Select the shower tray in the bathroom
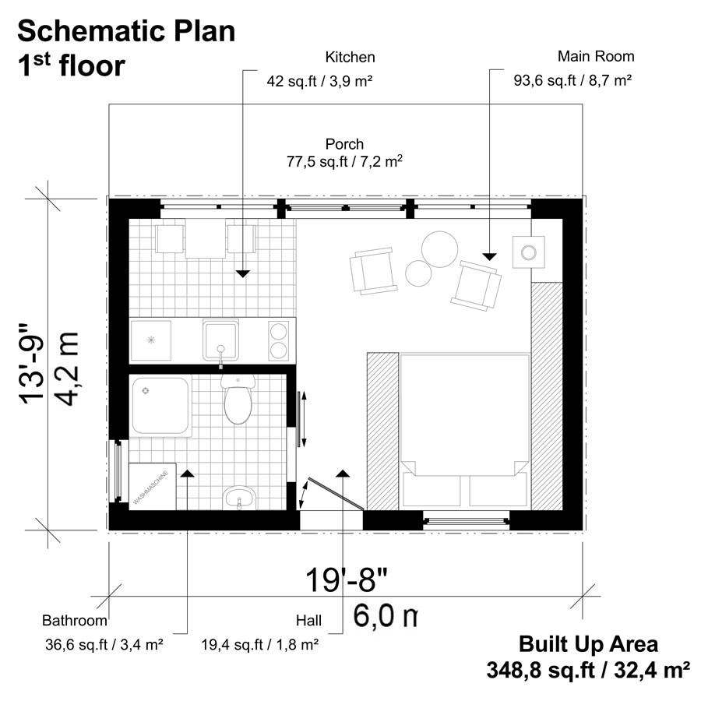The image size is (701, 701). click(160, 407)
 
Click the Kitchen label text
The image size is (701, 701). click(350, 57)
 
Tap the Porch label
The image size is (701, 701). click(344, 144)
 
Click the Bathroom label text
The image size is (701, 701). click(74, 621)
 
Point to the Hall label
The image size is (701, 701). click(308, 621)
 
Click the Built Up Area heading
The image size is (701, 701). click(588, 644)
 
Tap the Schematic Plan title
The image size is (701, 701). click(125, 31)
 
